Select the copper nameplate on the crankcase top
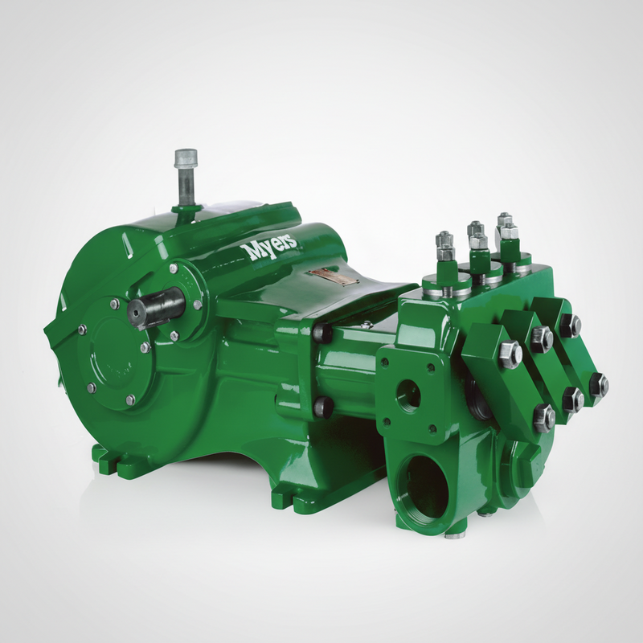coord(332,276)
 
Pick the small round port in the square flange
coord(408,395)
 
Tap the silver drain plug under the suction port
coord(455,532)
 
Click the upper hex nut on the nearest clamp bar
coord(510,355)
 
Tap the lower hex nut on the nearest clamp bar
coord(544,417)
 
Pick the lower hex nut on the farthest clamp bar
coord(597,385)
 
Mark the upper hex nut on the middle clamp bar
coord(541,339)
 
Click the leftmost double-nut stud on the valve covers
coord(444,245)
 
